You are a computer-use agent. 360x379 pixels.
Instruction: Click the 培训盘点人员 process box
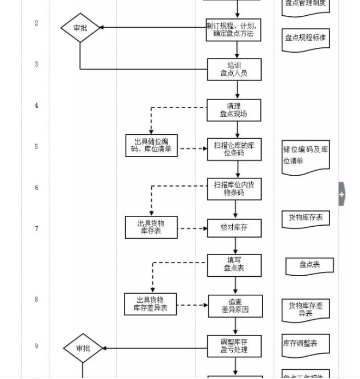pos(234,69)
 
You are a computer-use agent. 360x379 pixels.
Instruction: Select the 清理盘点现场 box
pos(234,110)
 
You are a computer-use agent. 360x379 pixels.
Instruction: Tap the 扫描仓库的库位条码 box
pos(234,149)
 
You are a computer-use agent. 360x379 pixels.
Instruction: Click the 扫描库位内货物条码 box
pos(234,188)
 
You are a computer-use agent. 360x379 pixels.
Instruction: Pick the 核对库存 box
pos(234,228)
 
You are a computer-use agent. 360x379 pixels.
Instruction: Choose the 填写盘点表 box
pos(234,265)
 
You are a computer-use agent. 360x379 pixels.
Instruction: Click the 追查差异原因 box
pos(235,306)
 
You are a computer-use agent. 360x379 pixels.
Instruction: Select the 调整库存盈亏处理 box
pos(234,346)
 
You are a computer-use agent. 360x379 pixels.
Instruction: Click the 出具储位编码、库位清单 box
pos(152,145)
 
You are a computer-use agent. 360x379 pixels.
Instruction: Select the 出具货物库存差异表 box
pos(151,304)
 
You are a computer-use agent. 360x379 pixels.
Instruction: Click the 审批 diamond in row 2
pos(80,28)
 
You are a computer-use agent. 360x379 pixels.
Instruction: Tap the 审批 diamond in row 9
pos(83,349)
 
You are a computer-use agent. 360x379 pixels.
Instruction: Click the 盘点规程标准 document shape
pos(305,39)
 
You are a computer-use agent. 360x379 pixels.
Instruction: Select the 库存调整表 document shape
pos(305,344)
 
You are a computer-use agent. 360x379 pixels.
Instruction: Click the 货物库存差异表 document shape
pos(305,309)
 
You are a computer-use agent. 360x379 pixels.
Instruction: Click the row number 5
pos(36,147)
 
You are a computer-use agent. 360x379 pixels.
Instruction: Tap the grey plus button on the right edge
pos(342,194)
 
